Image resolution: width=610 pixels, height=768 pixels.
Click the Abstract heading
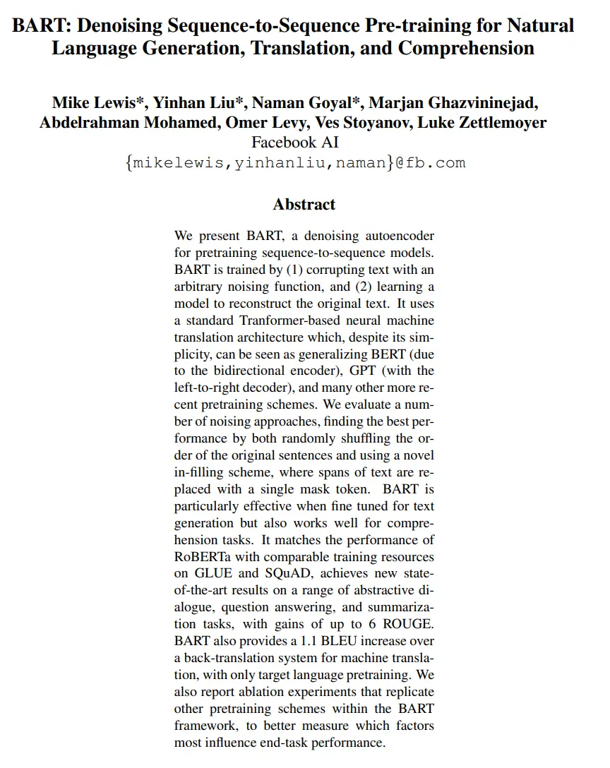[x=304, y=205]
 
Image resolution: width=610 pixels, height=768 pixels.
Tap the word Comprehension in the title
[x=467, y=49]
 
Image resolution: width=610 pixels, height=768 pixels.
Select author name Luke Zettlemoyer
[x=479, y=123]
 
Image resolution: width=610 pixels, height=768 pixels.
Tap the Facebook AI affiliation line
[x=305, y=142]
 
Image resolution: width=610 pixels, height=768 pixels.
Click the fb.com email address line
[x=294, y=162]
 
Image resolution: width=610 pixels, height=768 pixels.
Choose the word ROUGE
[x=409, y=625]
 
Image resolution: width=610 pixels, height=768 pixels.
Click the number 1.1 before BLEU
[x=322, y=642]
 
